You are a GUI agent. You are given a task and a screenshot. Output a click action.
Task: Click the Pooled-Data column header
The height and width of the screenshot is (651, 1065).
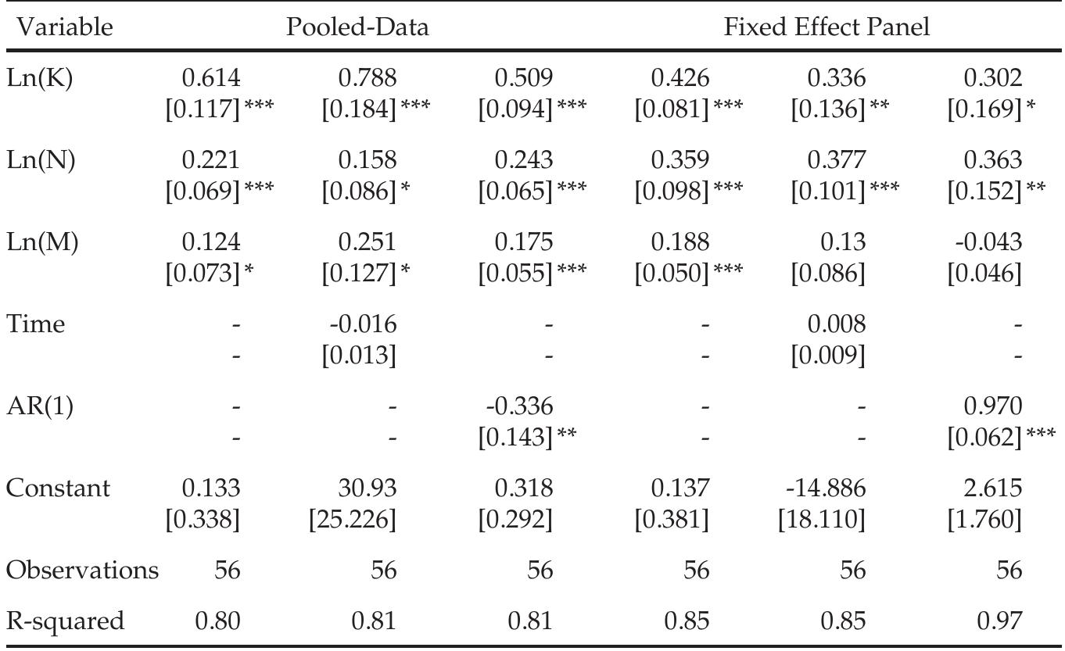click(x=357, y=27)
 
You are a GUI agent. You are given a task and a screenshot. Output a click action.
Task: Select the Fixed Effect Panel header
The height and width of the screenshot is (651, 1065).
click(x=827, y=27)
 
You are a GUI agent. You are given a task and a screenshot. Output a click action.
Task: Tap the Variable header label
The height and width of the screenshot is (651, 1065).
click(x=59, y=27)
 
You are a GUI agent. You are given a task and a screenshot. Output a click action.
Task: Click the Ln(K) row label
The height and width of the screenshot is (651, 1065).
click(x=40, y=78)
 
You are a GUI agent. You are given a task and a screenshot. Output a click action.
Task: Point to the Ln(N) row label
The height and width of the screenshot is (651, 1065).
click(x=41, y=160)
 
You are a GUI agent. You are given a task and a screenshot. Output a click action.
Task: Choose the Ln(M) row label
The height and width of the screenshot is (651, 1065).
click(x=42, y=242)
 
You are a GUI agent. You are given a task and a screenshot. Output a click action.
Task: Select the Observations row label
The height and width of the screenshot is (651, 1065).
click(x=82, y=570)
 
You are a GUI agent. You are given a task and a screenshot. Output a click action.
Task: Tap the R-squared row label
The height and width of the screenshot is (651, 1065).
click(x=65, y=621)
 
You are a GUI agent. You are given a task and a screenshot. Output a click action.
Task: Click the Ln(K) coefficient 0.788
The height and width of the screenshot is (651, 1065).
click(x=367, y=78)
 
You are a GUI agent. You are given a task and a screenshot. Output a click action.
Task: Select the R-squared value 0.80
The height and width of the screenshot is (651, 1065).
click(x=217, y=621)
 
